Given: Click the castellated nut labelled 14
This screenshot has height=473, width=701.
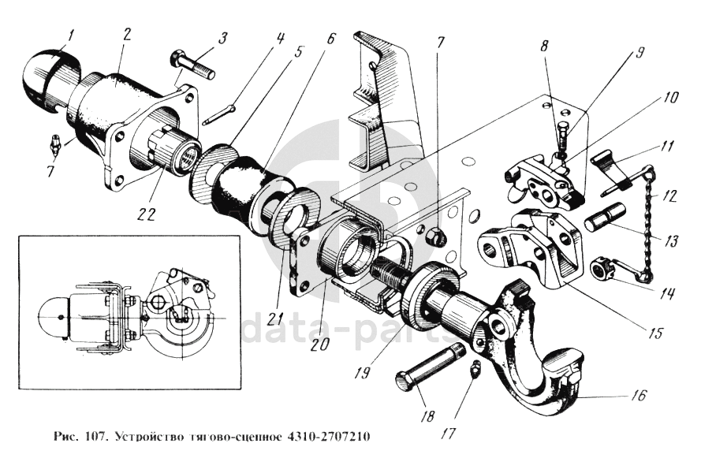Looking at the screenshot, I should (603, 270).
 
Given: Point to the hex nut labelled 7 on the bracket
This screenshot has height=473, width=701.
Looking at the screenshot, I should (434, 236).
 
